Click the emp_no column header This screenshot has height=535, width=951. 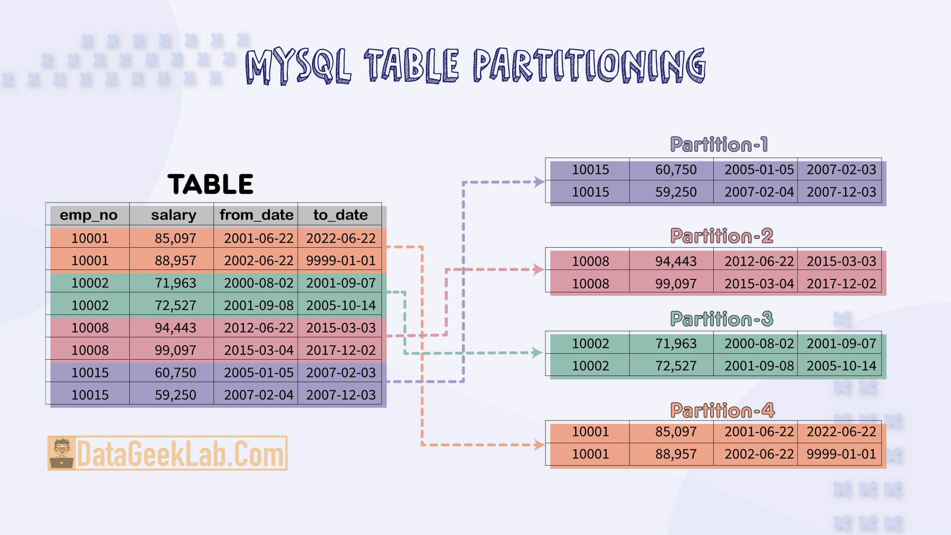(89, 215)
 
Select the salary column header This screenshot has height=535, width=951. (173, 215)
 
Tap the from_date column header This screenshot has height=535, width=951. (256, 215)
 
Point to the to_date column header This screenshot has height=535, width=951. (340, 215)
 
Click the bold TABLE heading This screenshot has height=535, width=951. (211, 184)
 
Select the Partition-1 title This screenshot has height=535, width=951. (719, 145)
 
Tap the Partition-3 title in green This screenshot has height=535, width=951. (721, 319)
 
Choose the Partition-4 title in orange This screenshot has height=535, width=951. (722, 410)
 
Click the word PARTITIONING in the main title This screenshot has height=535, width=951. (589, 65)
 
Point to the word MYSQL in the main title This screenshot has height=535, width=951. (298, 65)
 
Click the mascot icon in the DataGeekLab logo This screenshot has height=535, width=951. (62, 453)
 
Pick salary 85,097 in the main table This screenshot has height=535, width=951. (175, 238)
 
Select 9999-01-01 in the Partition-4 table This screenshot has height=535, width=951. (841, 454)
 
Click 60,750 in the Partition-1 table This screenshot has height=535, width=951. (676, 169)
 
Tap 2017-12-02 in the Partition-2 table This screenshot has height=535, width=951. (841, 283)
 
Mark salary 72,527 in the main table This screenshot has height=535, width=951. (175, 305)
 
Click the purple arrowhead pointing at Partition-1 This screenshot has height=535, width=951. (539, 182)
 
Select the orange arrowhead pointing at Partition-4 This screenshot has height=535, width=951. (539, 445)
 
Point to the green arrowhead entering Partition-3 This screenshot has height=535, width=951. (536, 353)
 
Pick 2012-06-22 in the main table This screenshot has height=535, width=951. (259, 327)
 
